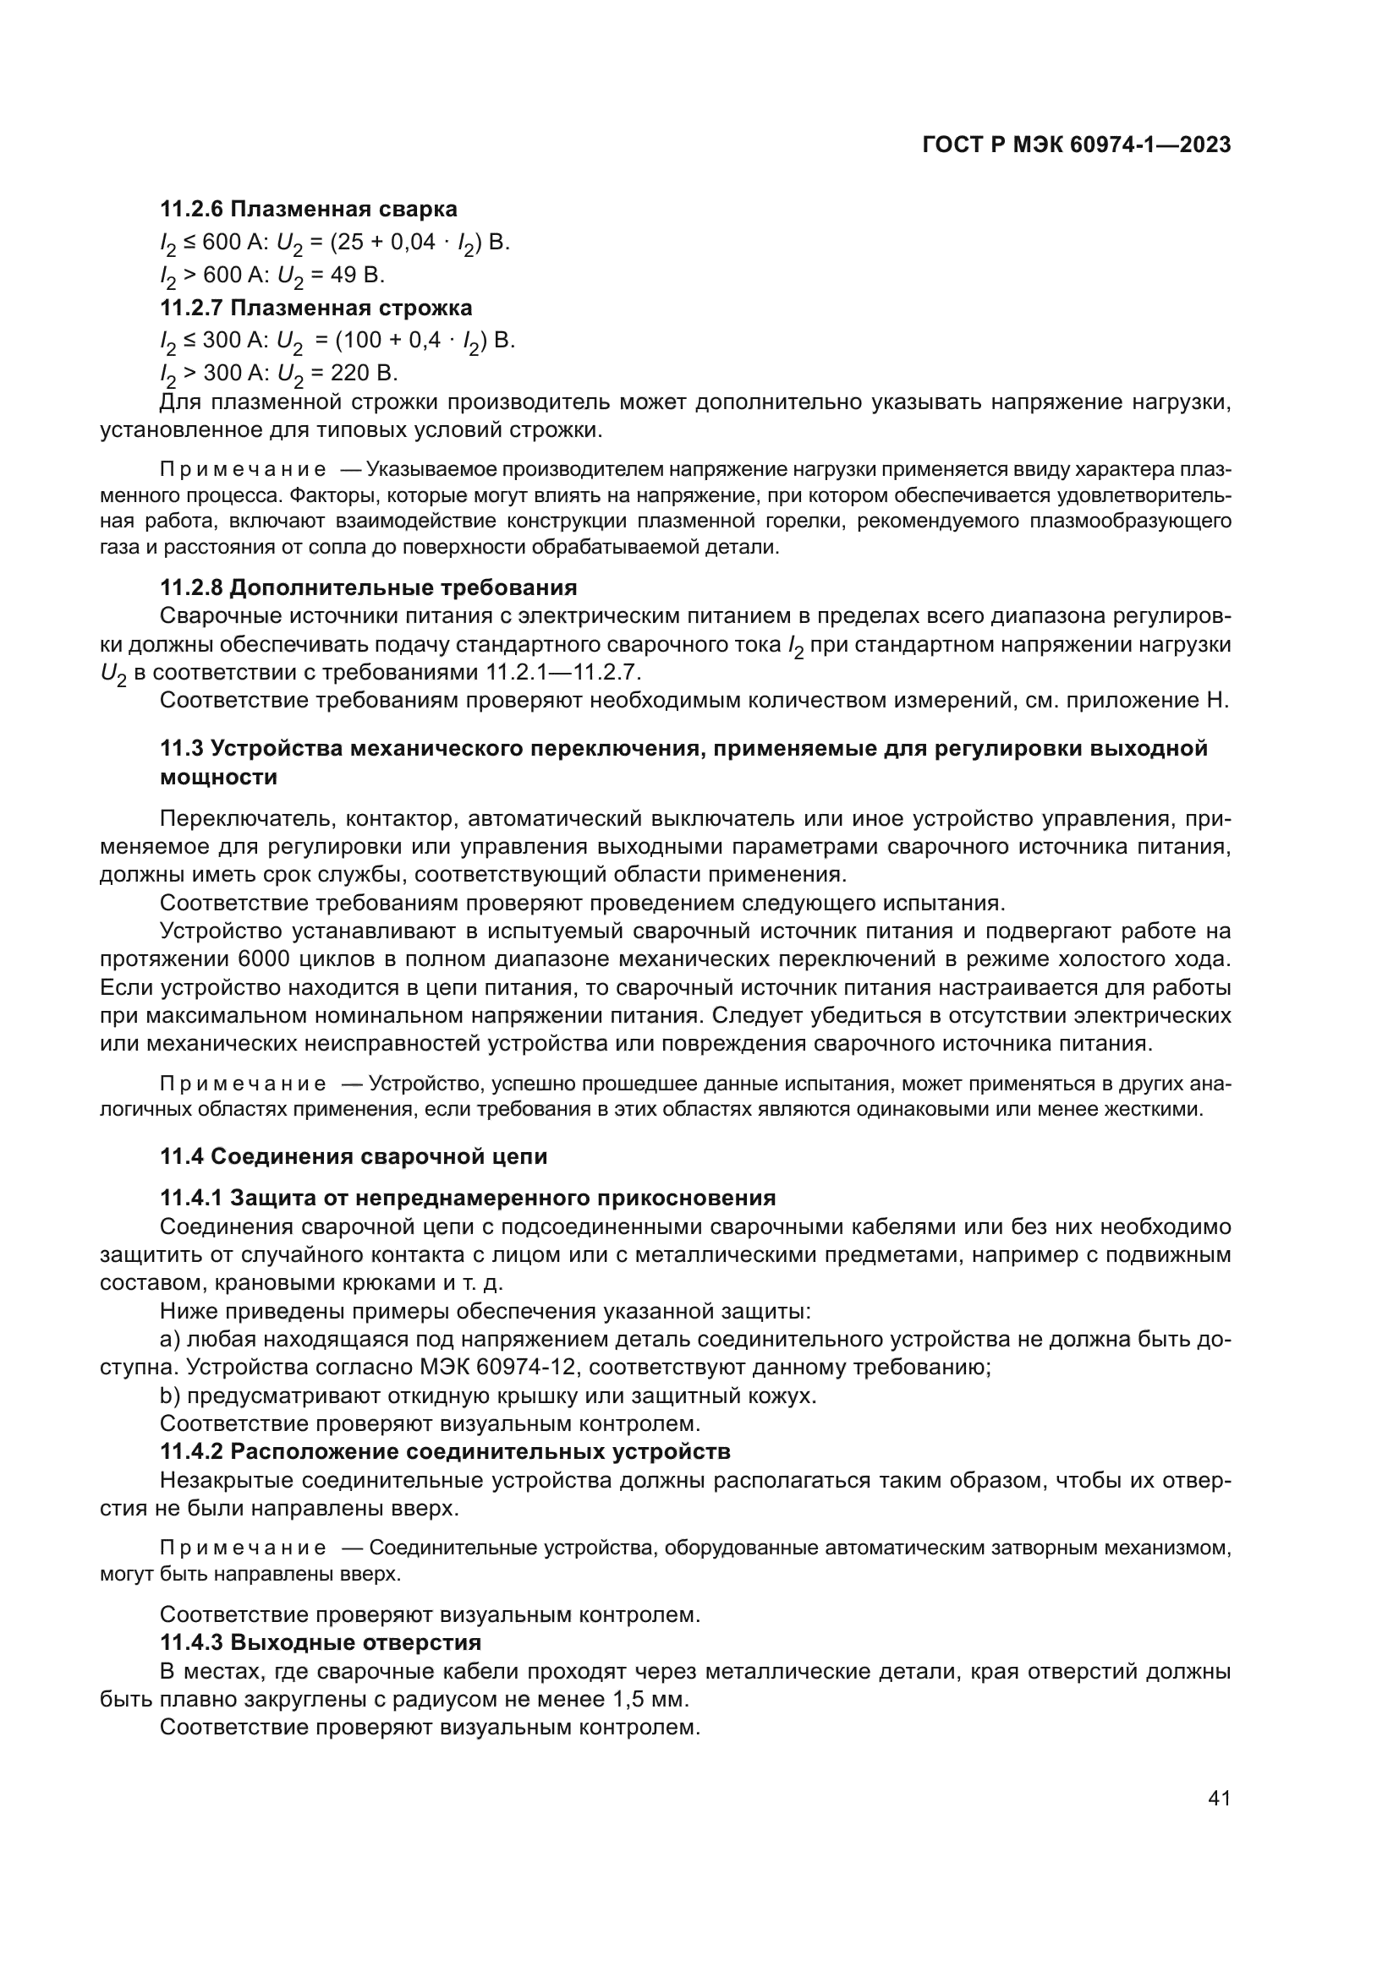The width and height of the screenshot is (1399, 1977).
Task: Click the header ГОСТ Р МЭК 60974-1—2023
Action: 1076,145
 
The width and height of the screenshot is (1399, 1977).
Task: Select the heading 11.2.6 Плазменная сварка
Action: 309,210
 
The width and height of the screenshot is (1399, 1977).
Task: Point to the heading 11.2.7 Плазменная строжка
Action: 316,308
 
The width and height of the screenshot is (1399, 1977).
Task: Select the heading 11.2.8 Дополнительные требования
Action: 369,587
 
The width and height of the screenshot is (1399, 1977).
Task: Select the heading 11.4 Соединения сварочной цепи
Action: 354,1155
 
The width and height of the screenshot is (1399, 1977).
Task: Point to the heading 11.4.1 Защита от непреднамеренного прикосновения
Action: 468,1198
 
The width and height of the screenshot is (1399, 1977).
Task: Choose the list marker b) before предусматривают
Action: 171,1395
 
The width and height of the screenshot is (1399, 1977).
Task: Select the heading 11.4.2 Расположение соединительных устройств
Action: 446,1452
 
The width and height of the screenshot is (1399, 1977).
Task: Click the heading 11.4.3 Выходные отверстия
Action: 321,1642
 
